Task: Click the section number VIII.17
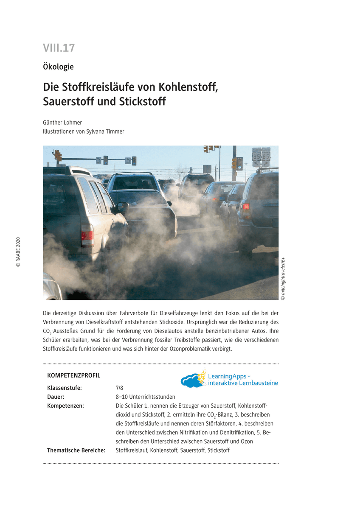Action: (x=59, y=48)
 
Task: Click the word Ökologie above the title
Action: (x=58, y=67)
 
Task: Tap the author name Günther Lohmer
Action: (x=62, y=123)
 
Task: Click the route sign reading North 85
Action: (x=256, y=157)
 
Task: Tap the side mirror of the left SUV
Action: (x=122, y=207)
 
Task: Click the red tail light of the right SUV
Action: (x=246, y=207)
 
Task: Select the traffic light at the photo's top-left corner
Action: (x=57, y=155)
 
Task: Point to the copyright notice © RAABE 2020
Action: (x=18, y=252)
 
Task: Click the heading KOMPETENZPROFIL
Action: (x=74, y=375)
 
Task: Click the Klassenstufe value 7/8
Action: (x=119, y=388)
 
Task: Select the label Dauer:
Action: (x=56, y=397)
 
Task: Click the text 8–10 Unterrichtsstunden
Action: (x=145, y=397)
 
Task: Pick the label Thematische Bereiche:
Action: (x=76, y=450)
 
